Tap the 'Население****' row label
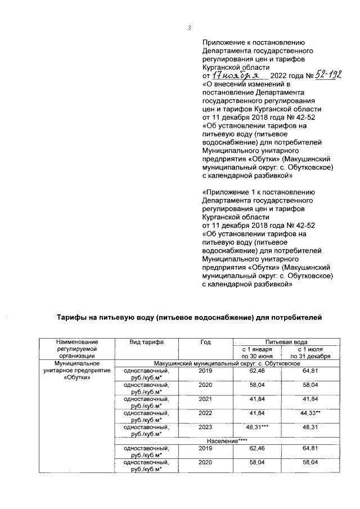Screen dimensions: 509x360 click(x=227, y=440)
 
